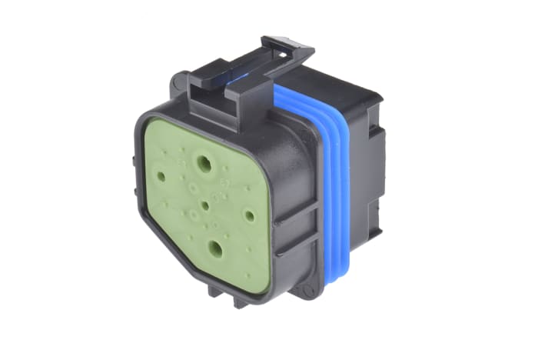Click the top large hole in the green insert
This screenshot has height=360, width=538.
(205, 163)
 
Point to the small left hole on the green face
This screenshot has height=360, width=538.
(161, 176)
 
